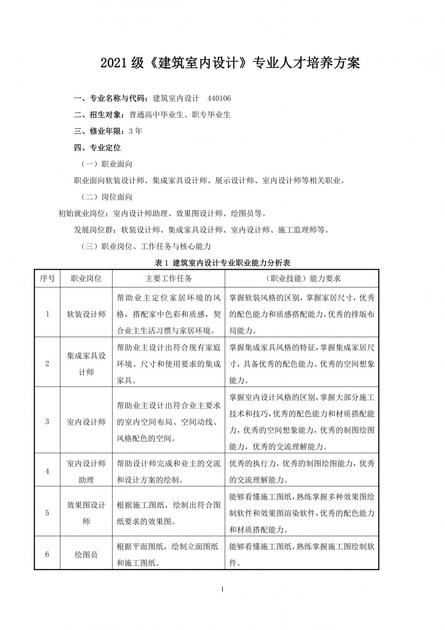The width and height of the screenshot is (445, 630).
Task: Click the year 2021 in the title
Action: click(115, 63)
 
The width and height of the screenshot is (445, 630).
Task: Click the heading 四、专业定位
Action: click(97, 147)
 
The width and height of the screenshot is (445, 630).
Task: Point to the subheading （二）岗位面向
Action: click(107, 197)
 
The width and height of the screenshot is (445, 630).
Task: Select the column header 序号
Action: click(47, 278)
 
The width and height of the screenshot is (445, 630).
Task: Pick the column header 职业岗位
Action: click(86, 278)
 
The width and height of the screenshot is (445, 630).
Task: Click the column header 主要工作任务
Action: click(169, 278)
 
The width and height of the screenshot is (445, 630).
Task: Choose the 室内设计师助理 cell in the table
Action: click(86, 471)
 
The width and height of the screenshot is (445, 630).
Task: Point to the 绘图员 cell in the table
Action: click(86, 554)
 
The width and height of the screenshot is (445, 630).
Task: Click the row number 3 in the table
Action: click(47, 421)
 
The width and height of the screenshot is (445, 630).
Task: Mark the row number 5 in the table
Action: click(47, 513)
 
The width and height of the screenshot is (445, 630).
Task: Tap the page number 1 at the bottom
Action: click(223, 589)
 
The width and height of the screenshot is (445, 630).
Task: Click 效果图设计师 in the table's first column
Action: click(86, 513)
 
